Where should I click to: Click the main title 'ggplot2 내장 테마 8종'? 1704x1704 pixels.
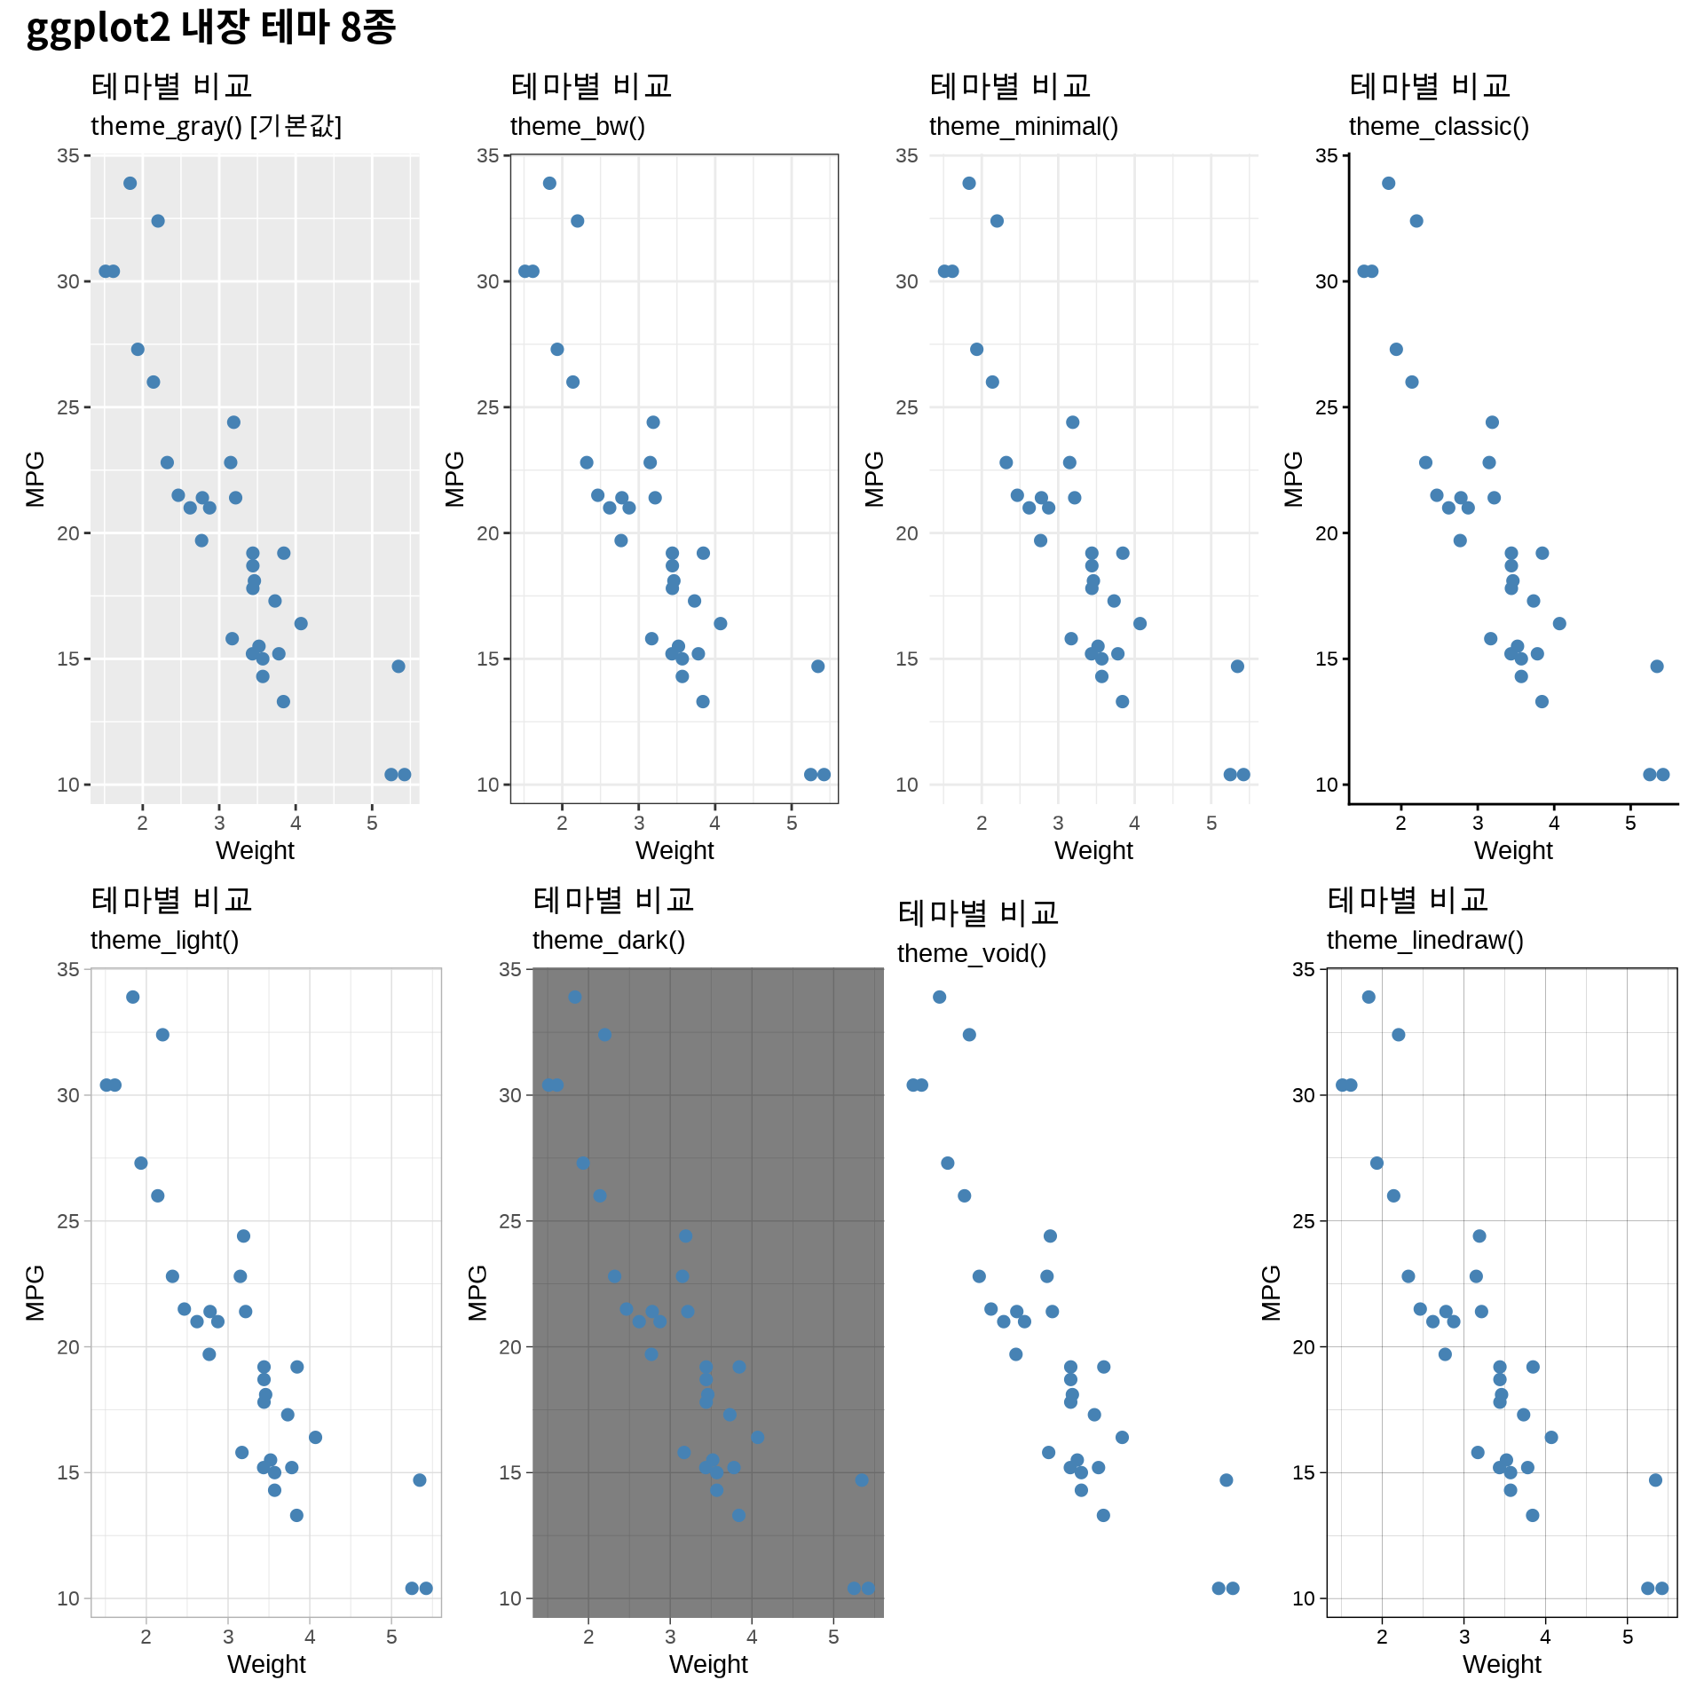pyautogui.click(x=210, y=28)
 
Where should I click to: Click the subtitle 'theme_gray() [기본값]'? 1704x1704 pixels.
pyautogui.click(x=216, y=126)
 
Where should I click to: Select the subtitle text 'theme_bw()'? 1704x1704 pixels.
pyautogui.click(x=577, y=126)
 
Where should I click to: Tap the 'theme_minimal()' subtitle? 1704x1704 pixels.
pyautogui.click(x=1023, y=126)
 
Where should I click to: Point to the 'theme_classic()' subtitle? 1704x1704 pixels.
pyautogui.click(x=1439, y=126)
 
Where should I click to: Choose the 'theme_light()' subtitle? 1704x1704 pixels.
pyautogui.click(x=164, y=940)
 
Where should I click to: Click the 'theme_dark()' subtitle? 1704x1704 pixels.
pyautogui.click(x=608, y=940)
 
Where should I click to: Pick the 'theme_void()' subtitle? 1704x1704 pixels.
pyautogui.click(x=971, y=953)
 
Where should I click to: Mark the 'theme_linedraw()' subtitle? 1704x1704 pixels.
pyautogui.click(x=1424, y=940)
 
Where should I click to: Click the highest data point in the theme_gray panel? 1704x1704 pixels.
pyautogui.click(x=130, y=184)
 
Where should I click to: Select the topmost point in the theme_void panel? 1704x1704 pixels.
pyautogui.click(x=939, y=998)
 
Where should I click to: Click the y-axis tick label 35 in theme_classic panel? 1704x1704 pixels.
pyautogui.click(x=1326, y=156)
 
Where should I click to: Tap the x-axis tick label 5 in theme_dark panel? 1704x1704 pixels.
pyautogui.click(x=833, y=1637)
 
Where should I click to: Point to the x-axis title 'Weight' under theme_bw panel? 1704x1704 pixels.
pyautogui.click(x=674, y=850)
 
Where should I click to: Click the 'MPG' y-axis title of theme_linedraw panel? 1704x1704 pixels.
pyautogui.click(x=1272, y=1293)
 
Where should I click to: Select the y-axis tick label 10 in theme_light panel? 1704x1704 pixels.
pyautogui.click(x=68, y=1599)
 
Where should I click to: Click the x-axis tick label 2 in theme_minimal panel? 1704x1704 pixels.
pyautogui.click(x=982, y=824)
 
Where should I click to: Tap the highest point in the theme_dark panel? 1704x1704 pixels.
pyautogui.click(x=575, y=998)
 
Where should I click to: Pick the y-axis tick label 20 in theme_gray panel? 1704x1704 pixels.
pyautogui.click(x=68, y=533)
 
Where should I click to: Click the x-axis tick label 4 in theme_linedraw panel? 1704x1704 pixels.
pyautogui.click(x=1545, y=1637)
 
